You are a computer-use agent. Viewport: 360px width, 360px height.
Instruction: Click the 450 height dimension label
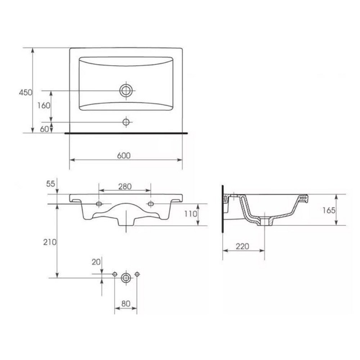26,93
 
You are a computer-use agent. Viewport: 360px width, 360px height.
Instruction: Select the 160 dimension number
44,105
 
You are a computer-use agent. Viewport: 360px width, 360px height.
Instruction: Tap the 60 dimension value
44,129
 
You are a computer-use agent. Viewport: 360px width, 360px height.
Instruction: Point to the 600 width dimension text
124,156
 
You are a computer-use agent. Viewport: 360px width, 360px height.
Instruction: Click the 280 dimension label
125,186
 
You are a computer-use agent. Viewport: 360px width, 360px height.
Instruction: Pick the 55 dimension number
51,184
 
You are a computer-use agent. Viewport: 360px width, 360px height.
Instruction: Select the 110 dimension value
191,214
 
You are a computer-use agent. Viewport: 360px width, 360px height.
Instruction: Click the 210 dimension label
50,242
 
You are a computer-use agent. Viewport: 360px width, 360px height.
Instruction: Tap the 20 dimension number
96,262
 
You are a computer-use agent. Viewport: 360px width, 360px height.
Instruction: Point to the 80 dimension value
126,304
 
